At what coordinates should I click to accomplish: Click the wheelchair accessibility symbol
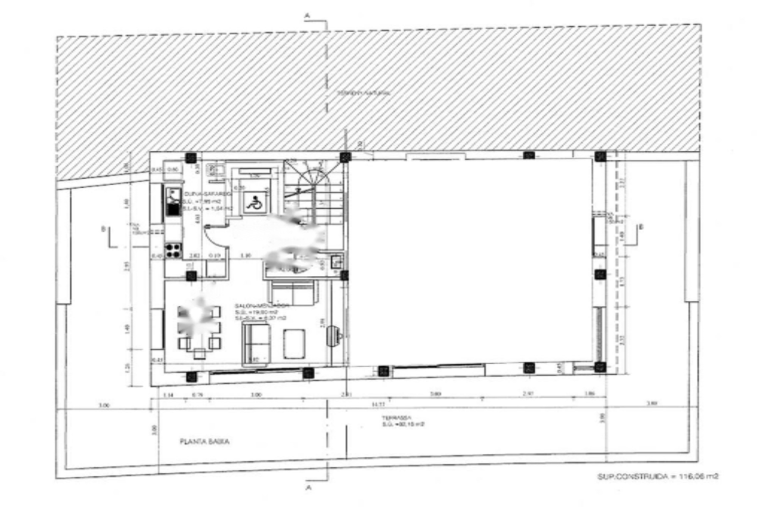click(x=253, y=203)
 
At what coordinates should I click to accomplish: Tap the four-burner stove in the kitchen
click(x=173, y=250)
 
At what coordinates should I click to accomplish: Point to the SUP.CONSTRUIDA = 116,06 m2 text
click(x=657, y=477)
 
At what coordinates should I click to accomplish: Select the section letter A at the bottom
click(x=308, y=488)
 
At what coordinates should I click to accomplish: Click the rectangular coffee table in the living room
click(x=294, y=343)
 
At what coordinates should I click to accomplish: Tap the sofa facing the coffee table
click(x=256, y=344)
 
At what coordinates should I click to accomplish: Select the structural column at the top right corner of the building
click(x=600, y=157)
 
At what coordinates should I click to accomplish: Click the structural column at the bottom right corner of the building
click(x=600, y=367)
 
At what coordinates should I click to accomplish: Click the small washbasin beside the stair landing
click(x=336, y=261)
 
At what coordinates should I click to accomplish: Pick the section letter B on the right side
click(x=641, y=226)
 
